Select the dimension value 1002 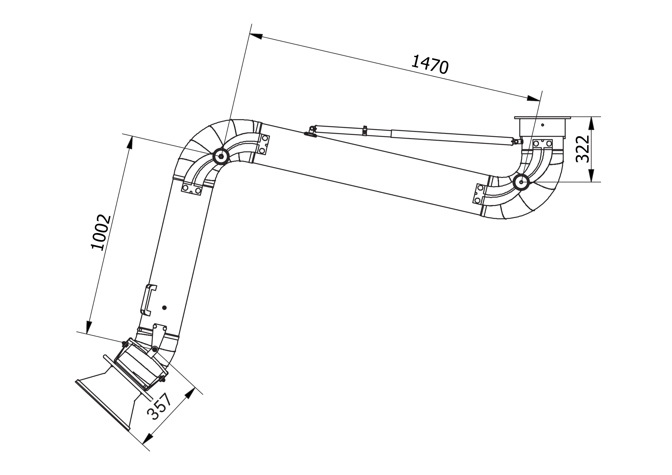point(101,232)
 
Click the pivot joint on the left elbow point(221,157)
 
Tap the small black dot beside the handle point(164,308)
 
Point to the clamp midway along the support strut point(365,131)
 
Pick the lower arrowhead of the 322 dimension point(592,175)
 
